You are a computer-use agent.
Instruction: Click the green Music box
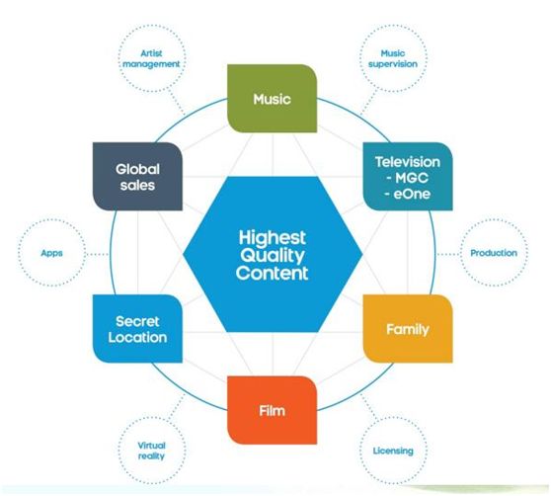click(272, 99)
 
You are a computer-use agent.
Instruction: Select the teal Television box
click(408, 177)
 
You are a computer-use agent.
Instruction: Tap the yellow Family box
click(408, 329)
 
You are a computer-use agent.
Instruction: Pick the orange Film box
click(272, 410)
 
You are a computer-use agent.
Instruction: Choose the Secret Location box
click(137, 329)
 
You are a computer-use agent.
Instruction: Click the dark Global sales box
click(137, 177)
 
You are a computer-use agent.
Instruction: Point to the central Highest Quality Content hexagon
click(273, 254)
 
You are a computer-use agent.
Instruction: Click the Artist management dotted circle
click(151, 58)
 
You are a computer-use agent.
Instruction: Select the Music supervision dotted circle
click(393, 58)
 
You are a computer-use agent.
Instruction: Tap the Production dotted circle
click(494, 253)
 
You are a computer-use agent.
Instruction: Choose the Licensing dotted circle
click(393, 451)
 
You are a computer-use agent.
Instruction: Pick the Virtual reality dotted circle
click(151, 451)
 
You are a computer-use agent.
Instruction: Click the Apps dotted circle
click(51, 253)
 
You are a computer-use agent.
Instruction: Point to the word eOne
click(412, 194)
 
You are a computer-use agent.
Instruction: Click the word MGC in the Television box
click(412, 178)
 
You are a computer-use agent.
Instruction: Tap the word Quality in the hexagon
click(273, 256)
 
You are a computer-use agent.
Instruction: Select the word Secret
click(137, 321)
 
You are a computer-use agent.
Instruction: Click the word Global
click(138, 169)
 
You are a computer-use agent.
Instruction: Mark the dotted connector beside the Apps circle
click(98, 254)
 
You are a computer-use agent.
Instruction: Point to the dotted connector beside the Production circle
click(448, 254)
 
